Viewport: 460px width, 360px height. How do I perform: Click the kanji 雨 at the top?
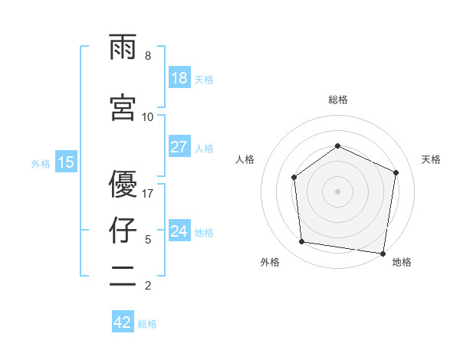tap(123, 48)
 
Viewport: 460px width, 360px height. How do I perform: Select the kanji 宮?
tap(123, 106)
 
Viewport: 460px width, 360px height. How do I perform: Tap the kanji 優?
tap(123, 184)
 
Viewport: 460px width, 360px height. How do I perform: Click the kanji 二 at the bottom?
tap(123, 277)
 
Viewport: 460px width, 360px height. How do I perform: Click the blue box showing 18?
tap(179, 78)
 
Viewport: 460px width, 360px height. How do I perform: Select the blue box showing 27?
tap(179, 147)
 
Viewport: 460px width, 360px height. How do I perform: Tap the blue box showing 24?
tap(179, 231)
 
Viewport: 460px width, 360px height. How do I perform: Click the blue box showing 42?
tap(123, 322)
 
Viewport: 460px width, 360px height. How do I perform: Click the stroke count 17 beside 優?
tap(148, 193)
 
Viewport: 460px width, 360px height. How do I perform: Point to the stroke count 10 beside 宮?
tap(148, 116)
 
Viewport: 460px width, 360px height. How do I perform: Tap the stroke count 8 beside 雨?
tap(148, 56)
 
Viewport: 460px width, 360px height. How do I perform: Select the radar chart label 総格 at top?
tap(337, 100)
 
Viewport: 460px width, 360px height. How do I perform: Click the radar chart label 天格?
tap(431, 159)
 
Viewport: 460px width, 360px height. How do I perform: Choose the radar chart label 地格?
tap(402, 262)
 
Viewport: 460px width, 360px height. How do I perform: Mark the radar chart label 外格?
tap(270, 262)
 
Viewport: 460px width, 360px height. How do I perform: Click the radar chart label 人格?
tap(245, 159)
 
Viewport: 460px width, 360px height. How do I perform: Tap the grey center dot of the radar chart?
tap(337, 191)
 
